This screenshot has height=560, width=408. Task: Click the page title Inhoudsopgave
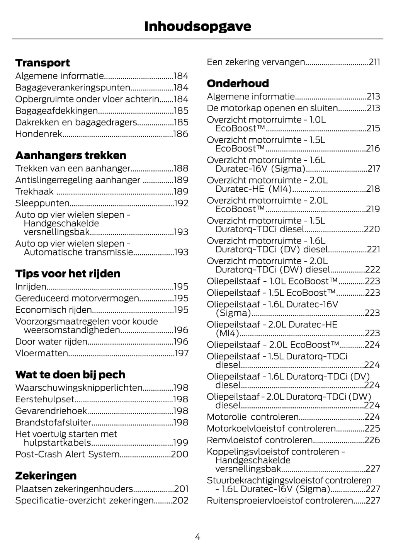point(197,26)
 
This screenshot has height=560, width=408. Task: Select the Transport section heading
point(42,63)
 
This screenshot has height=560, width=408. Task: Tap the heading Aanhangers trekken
point(71,155)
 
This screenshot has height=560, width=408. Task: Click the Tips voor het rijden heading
point(68,274)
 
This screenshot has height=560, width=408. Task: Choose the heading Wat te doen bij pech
point(70,374)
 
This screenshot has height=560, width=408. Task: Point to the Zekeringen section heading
point(46,475)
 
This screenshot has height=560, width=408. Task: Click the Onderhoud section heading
point(238,83)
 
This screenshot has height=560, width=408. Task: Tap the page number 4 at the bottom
point(197,536)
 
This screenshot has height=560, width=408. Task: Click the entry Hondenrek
point(39,134)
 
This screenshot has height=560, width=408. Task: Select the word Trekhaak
point(34,192)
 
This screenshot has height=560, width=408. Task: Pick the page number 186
point(181,134)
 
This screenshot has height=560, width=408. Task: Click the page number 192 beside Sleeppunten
point(181,203)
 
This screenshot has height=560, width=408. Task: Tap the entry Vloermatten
point(41,353)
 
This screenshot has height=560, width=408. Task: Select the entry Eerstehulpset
point(44,399)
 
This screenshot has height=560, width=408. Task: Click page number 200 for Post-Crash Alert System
point(180,454)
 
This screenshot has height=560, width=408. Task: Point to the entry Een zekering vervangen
point(256,62)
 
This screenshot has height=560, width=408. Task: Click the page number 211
point(374,62)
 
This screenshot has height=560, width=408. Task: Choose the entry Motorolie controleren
point(253,417)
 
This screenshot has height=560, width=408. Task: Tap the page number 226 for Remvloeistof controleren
point(372,440)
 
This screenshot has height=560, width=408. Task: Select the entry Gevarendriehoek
point(51,411)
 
